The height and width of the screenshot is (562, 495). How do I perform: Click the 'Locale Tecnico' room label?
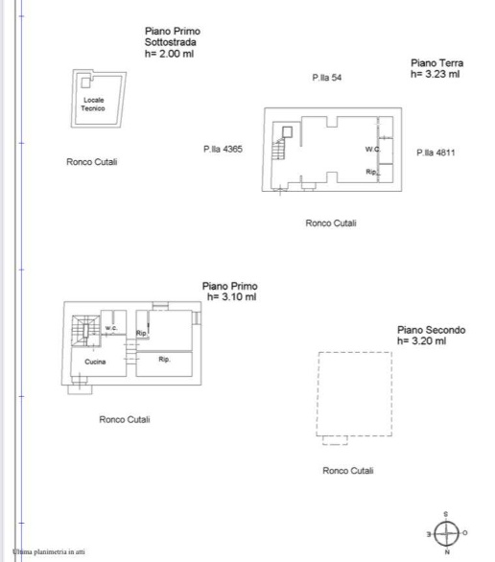[x=93, y=104]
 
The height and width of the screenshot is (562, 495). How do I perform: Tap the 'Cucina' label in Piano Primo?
[x=95, y=362]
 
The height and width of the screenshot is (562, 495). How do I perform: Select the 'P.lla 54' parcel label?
[x=326, y=78]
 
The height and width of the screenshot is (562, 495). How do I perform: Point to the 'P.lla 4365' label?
[x=223, y=149]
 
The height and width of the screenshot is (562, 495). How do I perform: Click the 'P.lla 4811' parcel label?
[x=436, y=152]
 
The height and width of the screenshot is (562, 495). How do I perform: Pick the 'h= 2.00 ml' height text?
[x=169, y=54]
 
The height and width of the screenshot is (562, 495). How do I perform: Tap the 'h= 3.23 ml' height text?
[x=436, y=74]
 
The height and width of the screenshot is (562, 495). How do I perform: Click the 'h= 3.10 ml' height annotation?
[x=231, y=296]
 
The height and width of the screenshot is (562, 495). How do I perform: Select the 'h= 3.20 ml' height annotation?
[x=421, y=340]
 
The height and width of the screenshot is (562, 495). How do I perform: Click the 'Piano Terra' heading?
[x=436, y=63]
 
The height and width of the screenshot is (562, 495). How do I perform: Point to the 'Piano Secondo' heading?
[x=431, y=330]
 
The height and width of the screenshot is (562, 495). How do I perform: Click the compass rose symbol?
[x=446, y=533]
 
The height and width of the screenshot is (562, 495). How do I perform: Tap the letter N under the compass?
[x=447, y=552]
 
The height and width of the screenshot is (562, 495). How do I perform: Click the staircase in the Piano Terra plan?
[x=278, y=149]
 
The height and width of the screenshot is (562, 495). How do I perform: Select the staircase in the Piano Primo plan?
[x=85, y=331]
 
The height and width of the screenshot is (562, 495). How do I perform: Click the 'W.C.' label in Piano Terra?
[x=373, y=149]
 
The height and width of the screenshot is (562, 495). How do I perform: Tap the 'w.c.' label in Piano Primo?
[x=111, y=328]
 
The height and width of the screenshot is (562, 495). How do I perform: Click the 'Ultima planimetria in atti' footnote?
[x=49, y=551]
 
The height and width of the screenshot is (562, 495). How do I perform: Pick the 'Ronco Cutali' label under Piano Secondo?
[x=347, y=471]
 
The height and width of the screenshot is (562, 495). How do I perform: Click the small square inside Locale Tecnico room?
[x=85, y=82]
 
